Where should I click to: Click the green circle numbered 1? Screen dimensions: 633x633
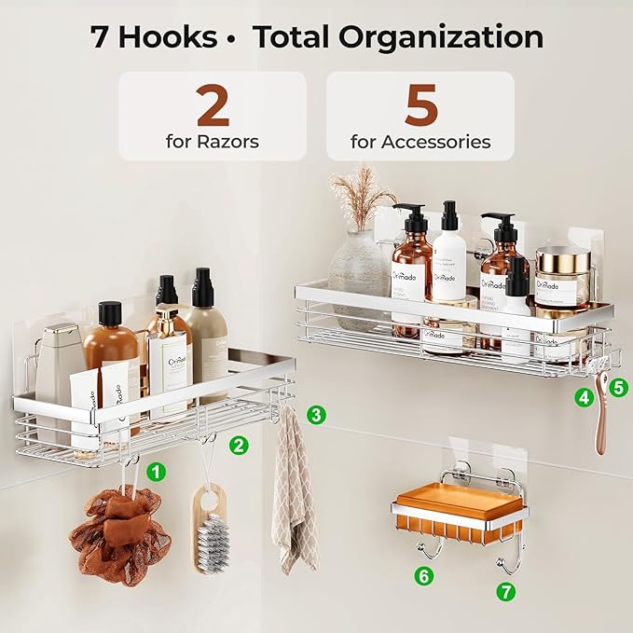click(x=157, y=472)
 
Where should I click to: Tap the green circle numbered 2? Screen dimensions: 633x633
click(x=240, y=445)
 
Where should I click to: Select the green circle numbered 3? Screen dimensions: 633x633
click(x=317, y=414)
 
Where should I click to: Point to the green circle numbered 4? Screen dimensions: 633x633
click(x=585, y=397)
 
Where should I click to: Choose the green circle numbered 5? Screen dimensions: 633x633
click(x=620, y=383)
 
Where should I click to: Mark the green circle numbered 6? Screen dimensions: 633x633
click(x=424, y=576)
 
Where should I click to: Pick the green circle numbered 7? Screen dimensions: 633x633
click(x=505, y=591)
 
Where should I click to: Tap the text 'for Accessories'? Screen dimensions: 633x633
click(x=420, y=143)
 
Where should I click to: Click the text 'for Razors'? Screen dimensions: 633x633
click(x=212, y=143)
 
